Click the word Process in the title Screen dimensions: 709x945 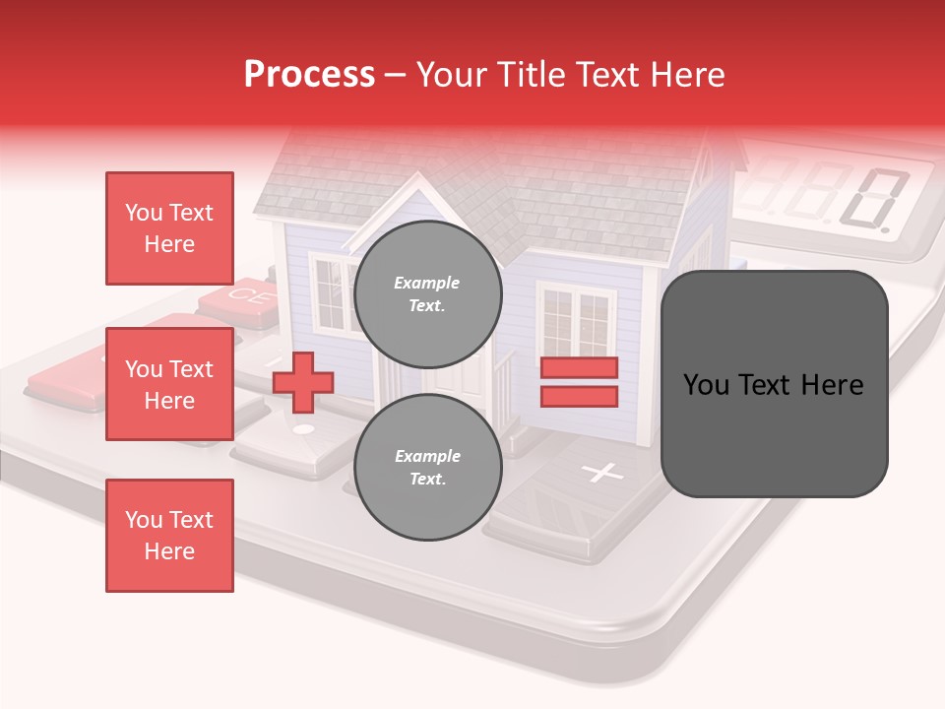309,75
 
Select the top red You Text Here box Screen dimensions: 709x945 169,228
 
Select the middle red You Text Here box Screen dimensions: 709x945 169,384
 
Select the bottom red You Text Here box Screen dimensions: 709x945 169,536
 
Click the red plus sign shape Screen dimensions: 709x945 303,382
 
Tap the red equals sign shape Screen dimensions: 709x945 579,382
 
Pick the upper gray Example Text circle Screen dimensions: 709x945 427,293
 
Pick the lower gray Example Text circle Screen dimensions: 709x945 427,467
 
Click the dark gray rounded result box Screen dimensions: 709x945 774,384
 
